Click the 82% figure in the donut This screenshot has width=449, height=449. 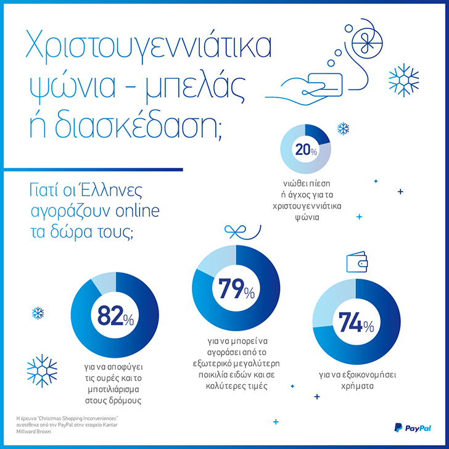coord(115,316)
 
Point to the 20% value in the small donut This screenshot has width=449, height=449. coord(305,150)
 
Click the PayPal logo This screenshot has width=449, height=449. coord(413,427)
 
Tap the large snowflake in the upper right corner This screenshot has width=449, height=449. coord(403,78)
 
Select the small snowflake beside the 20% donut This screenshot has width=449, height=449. coord(342,129)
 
